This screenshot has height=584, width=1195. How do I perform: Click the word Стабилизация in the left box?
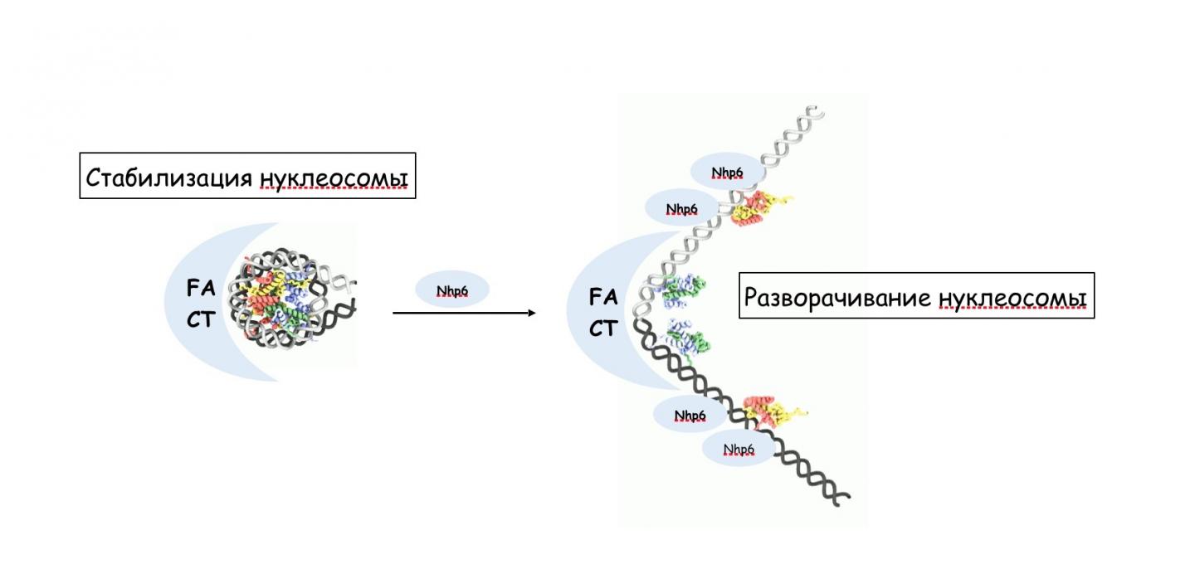[x=169, y=178]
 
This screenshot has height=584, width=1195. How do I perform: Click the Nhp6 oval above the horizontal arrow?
[x=451, y=291]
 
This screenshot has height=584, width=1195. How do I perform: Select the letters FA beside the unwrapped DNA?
[x=602, y=297]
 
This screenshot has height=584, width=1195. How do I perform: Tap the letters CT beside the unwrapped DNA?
[x=602, y=328]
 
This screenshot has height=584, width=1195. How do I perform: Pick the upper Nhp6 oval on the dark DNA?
[x=690, y=415]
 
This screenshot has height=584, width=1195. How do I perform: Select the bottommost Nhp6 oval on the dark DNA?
[x=739, y=449]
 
